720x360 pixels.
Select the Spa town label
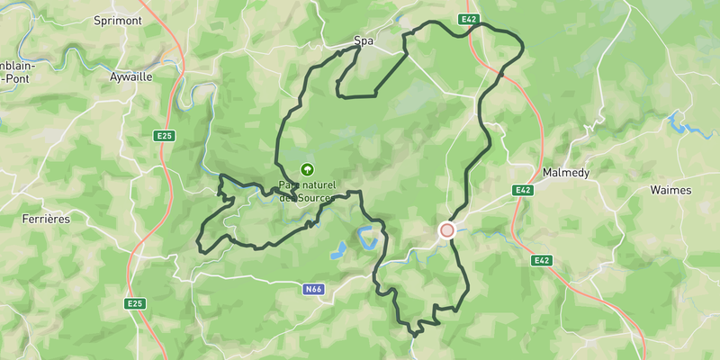(363, 41)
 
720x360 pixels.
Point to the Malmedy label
(566, 172)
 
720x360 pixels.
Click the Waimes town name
(670, 190)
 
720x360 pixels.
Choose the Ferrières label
(46, 219)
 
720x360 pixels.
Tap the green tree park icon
(307, 168)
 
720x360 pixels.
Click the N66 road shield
(313, 290)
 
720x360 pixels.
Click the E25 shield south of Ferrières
(135, 303)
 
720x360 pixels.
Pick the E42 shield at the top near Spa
(466, 19)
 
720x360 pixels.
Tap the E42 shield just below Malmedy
(524, 190)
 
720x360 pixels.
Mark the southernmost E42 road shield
(541, 260)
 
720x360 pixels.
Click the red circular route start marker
(446, 230)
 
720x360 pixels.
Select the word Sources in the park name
(315, 197)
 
